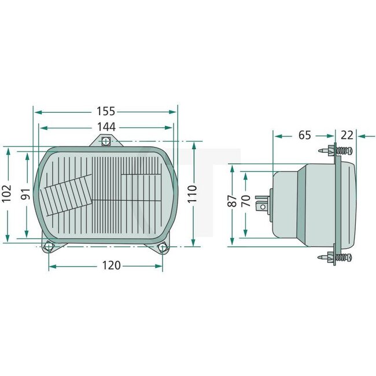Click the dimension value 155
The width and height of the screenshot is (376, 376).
click(105, 111)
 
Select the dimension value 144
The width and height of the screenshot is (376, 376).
click(105, 126)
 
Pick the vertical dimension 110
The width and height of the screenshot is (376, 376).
click(193, 193)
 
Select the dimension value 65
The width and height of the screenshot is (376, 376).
click(304, 135)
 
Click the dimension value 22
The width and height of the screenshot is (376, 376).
click(347, 135)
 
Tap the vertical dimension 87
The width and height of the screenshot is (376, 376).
click(232, 201)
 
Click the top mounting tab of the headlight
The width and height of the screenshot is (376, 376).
click(105, 141)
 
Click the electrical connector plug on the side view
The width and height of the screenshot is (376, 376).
click(263, 204)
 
